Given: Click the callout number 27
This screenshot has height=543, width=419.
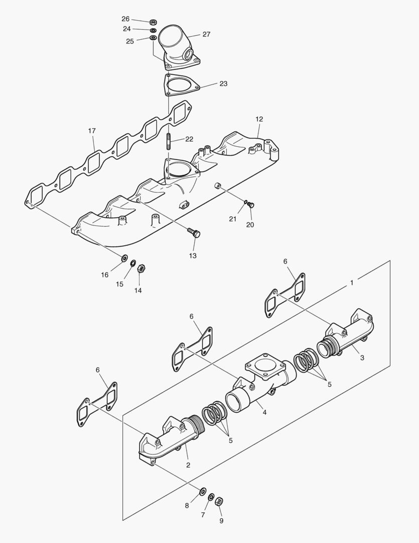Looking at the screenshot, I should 206,35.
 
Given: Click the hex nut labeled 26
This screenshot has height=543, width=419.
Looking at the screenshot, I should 154,22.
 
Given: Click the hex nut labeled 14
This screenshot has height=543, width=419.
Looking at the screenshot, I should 142,268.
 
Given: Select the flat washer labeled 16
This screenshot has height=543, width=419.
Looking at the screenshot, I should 123,258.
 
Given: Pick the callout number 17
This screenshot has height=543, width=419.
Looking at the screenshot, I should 92,131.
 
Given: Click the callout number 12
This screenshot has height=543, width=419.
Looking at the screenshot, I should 259,120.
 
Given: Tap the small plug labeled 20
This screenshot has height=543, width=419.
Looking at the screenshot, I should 252,204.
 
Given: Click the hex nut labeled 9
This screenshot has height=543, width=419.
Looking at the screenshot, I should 218,501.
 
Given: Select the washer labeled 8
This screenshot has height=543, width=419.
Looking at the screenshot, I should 203,491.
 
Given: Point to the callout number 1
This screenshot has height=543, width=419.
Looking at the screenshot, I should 352,283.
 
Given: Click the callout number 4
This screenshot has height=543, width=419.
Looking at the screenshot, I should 264,412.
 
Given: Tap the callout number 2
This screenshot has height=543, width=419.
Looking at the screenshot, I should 188,465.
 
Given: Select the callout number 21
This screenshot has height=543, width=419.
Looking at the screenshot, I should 232,219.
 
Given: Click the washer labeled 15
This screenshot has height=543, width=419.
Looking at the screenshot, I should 133,263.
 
